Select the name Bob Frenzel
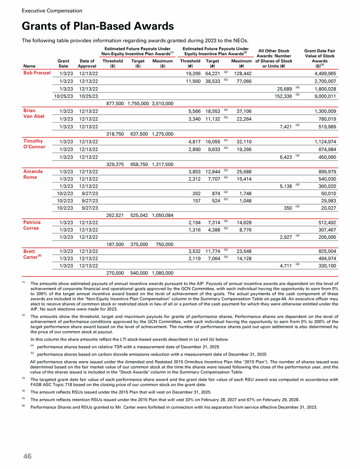37,73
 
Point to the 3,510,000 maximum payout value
163,103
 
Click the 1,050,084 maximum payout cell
163,215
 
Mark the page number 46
28,456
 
